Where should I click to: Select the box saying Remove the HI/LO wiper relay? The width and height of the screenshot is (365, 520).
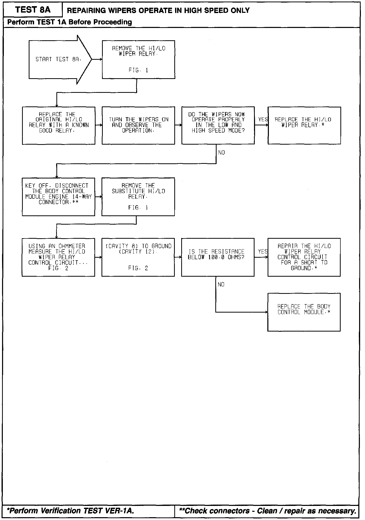138,59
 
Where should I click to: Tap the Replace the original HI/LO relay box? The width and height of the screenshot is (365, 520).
58,125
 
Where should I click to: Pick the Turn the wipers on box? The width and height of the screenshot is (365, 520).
138,125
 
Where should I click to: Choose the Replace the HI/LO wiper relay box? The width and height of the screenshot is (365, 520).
304,125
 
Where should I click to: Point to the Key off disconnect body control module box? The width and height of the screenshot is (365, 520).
58,197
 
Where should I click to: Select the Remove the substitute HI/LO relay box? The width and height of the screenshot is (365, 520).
138,197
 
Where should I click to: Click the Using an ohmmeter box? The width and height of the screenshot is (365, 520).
58,257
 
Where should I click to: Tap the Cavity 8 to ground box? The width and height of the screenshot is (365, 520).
138,257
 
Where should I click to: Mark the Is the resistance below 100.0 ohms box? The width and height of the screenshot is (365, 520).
218,257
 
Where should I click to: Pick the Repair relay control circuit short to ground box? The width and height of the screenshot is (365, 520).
304,257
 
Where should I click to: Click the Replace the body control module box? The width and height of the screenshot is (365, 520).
304,312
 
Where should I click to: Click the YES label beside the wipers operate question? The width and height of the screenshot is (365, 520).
263,119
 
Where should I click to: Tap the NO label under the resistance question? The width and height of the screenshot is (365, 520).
221,284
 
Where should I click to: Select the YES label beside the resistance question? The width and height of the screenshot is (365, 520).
263,252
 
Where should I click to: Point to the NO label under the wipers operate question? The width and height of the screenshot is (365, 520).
221,153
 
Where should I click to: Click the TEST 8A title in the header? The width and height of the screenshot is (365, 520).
33,10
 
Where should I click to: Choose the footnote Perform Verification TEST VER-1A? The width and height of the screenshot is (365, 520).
70,511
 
